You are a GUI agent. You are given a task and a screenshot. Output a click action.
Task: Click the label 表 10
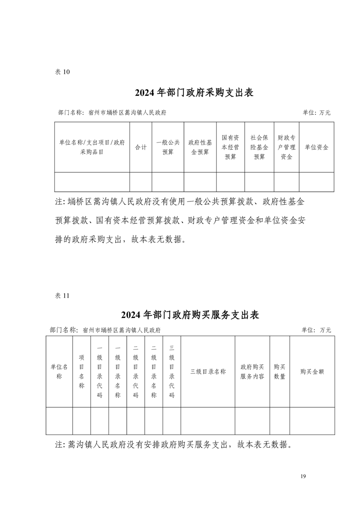pyautogui.click(x=62, y=72)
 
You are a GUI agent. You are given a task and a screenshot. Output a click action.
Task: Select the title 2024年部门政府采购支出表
pyautogui.click(x=194, y=93)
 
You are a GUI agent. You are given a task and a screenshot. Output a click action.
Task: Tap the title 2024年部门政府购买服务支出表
pyautogui.click(x=190, y=315)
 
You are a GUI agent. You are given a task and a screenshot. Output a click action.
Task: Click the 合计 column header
pyautogui.click(x=141, y=147)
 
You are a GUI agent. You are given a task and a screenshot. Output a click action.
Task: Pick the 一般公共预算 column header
pyautogui.click(x=168, y=147)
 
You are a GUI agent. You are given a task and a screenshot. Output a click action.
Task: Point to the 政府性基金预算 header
pyautogui.click(x=200, y=147)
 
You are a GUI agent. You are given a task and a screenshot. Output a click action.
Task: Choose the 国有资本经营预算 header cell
pyautogui.click(x=231, y=147)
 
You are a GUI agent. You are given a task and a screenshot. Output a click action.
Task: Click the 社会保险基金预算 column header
pyautogui.click(x=259, y=147)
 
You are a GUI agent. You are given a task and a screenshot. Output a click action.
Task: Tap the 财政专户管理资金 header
pyautogui.click(x=286, y=147)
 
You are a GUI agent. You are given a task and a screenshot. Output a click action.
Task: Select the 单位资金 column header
pyautogui.click(x=316, y=147)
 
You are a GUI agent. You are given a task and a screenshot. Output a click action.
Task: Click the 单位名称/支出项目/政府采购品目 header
pyautogui.click(x=92, y=147)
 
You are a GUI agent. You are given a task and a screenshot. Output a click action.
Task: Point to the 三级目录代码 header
pyautogui.click(x=172, y=372)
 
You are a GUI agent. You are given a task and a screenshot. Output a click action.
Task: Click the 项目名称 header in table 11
pyautogui.click(x=82, y=372)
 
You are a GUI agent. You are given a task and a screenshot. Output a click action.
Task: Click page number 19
pyautogui.click(x=304, y=476)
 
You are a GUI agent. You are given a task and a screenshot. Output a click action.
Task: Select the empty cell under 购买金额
pyautogui.click(x=312, y=421)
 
